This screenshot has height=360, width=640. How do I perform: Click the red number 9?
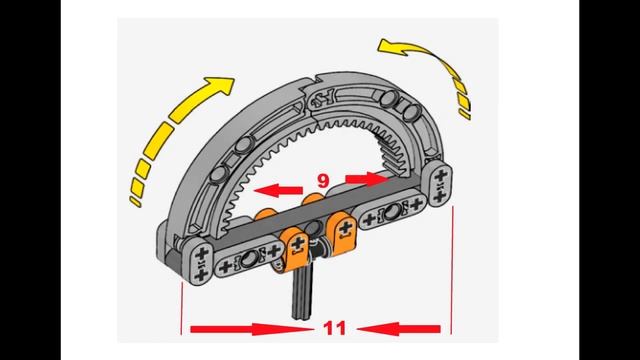[323, 181]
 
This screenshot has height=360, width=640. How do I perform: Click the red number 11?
[334, 328]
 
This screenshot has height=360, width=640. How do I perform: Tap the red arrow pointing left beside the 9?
[278, 191]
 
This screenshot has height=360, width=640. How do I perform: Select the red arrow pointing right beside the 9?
[367, 178]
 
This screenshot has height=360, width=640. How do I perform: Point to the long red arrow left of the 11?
[251, 329]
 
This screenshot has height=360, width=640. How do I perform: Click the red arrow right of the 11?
[399, 329]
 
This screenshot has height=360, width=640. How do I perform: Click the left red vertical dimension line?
[181, 308]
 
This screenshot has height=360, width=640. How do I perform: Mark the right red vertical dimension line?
[452, 270]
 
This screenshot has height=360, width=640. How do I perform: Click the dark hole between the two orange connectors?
[314, 227]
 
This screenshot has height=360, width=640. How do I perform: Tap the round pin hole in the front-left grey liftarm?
[249, 259]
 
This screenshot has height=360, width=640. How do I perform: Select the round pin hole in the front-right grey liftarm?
[393, 212]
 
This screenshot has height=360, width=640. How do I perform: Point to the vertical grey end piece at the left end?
[198, 261]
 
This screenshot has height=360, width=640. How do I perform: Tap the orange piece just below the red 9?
[313, 200]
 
